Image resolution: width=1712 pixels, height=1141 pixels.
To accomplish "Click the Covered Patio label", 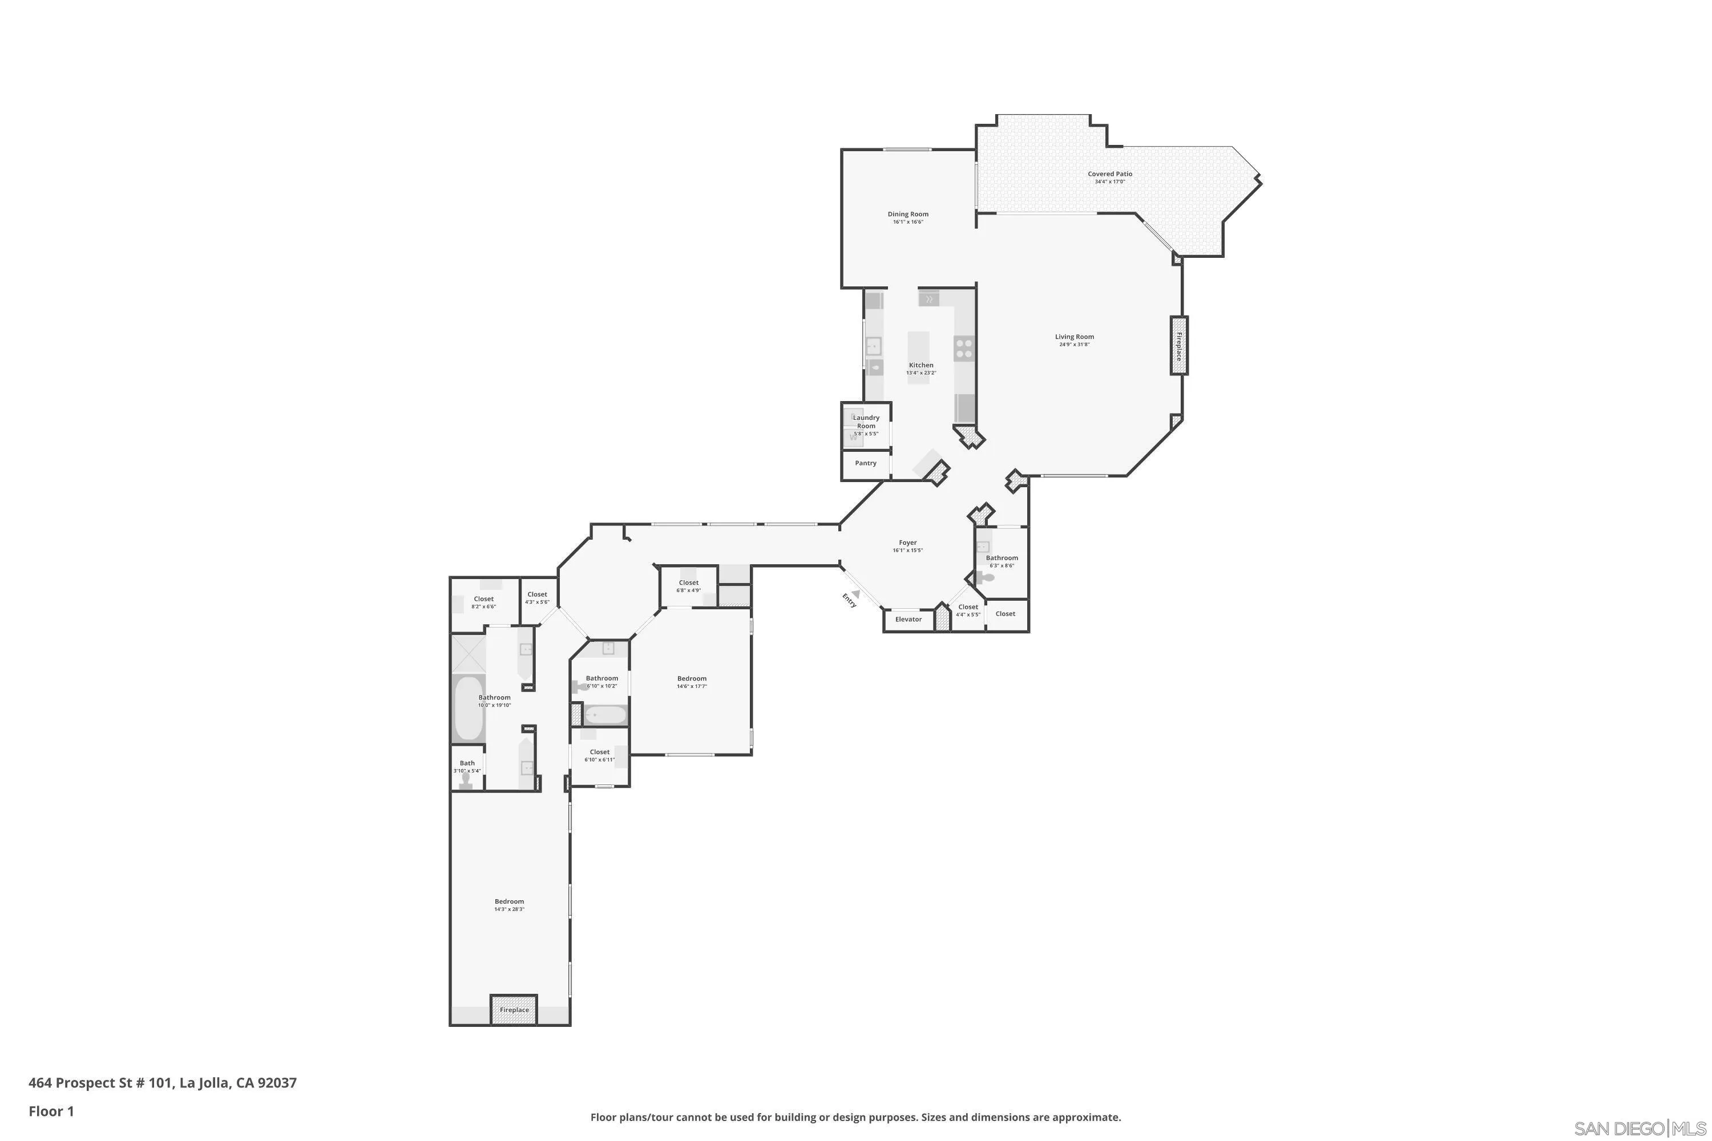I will (1109, 175).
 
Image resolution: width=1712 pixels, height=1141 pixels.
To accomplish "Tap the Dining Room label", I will (908, 215).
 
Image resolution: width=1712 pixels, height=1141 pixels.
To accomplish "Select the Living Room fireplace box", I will (1178, 346).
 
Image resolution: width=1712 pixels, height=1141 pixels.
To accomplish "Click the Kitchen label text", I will (921, 365).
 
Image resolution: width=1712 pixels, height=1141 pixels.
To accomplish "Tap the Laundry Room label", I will (866, 422).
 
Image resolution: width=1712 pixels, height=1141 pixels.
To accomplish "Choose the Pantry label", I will (866, 463).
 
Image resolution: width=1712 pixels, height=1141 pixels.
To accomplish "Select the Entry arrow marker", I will (857, 593).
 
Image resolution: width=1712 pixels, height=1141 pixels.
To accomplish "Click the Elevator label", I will (908, 619).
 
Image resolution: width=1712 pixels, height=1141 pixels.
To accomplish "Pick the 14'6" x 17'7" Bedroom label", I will (692, 679).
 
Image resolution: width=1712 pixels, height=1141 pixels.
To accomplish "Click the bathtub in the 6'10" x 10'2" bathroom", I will (604, 715).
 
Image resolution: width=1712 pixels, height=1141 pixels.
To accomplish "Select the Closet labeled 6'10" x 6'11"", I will (599, 752).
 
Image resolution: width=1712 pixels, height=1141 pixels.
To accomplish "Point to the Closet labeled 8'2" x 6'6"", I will (483, 600).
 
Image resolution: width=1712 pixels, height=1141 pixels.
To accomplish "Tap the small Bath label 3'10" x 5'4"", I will (467, 764).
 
